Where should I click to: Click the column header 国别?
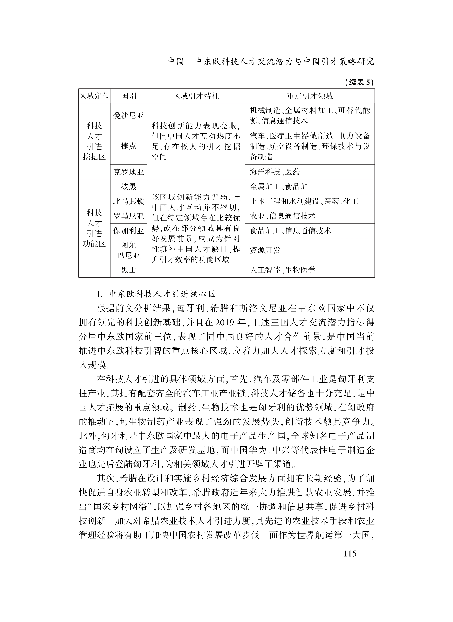(x=128, y=96)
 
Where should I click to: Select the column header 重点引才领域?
(x=310, y=96)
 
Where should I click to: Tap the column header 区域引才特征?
(x=196, y=96)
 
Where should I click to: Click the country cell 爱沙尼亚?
(x=128, y=116)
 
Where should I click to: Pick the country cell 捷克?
(x=128, y=146)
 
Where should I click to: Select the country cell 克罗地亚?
(x=128, y=172)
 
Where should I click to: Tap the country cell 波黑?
(x=128, y=187)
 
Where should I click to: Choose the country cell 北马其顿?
(x=128, y=202)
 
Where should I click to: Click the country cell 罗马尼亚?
(x=128, y=216)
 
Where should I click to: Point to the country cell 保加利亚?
(x=128, y=231)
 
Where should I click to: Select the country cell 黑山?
(x=128, y=270)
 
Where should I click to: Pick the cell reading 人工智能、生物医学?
(x=283, y=270)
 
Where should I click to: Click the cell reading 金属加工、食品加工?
(x=283, y=187)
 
